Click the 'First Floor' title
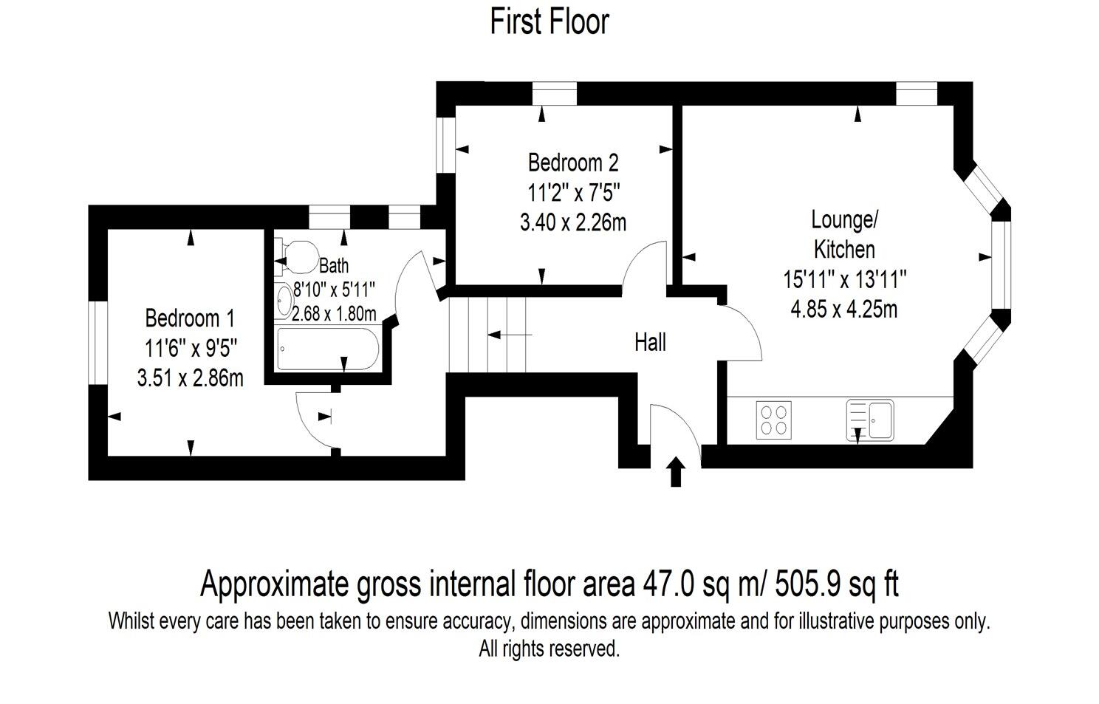(x=549, y=21)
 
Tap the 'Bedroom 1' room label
(x=190, y=318)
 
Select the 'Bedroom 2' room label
(x=572, y=162)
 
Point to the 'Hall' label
(x=650, y=342)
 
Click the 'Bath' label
(x=334, y=265)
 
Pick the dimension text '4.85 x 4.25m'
(x=843, y=309)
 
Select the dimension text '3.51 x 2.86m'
(x=190, y=378)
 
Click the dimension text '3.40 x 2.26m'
(x=572, y=222)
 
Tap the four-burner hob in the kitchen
(x=773, y=420)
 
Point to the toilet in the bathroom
(x=298, y=256)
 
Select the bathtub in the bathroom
(x=328, y=349)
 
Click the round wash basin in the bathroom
(x=284, y=301)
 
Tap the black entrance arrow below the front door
(x=675, y=472)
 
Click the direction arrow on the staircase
(x=509, y=335)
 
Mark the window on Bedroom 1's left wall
(x=97, y=342)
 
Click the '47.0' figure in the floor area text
(x=669, y=584)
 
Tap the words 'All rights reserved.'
(x=549, y=649)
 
